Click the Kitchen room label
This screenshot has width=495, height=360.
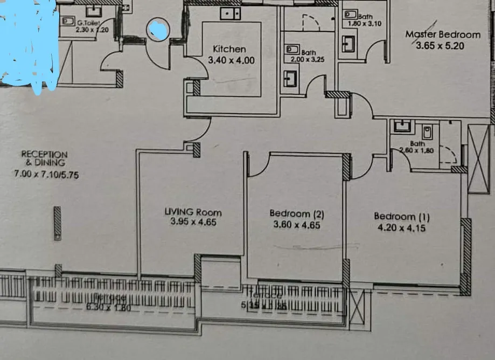click(x=229, y=50)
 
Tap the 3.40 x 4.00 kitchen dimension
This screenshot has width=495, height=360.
click(x=231, y=60)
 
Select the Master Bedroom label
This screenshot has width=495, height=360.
click(x=442, y=35)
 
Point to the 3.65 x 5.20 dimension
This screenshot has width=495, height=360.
click(x=440, y=46)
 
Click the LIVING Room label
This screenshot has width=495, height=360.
click(x=193, y=212)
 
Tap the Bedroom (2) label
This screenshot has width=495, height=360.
click(x=297, y=214)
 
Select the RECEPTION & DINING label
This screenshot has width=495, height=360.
click(x=45, y=158)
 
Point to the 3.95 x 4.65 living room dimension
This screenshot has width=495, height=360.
click(x=193, y=221)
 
